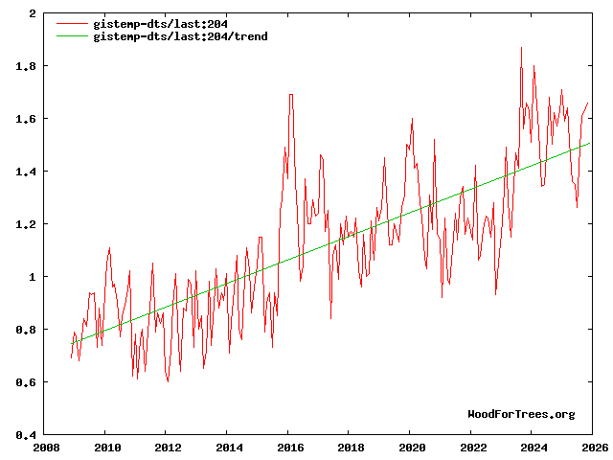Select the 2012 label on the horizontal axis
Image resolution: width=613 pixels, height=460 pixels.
[x=168, y=447]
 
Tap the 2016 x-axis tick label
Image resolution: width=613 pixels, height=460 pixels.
[x=289, y=447]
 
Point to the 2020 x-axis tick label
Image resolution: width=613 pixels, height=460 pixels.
[x=411, y=447]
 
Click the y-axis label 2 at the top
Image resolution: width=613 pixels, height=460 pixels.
[x=34, y=14]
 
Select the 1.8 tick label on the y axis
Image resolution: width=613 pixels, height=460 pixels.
[x=28, y=66]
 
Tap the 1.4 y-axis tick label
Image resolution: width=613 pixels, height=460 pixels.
[x=28, y=172]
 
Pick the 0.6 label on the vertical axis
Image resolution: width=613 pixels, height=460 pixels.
[x=28, y=382]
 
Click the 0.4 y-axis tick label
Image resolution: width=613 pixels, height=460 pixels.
[x=28, y=435]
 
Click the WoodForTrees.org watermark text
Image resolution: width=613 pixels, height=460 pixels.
[x=521, y=414]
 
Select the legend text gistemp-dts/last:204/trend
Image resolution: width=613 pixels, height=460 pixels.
[x=180, y=36]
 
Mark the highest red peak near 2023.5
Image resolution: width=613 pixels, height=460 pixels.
[x=521, y=48]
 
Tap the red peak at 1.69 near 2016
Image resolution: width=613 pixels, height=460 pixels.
[x=290, y=95]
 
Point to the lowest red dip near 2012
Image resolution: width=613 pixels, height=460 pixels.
[x=168, y=381]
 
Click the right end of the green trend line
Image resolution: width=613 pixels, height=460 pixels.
[x=590, y=143]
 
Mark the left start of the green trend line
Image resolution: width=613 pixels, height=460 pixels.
[x=72, y=343]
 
